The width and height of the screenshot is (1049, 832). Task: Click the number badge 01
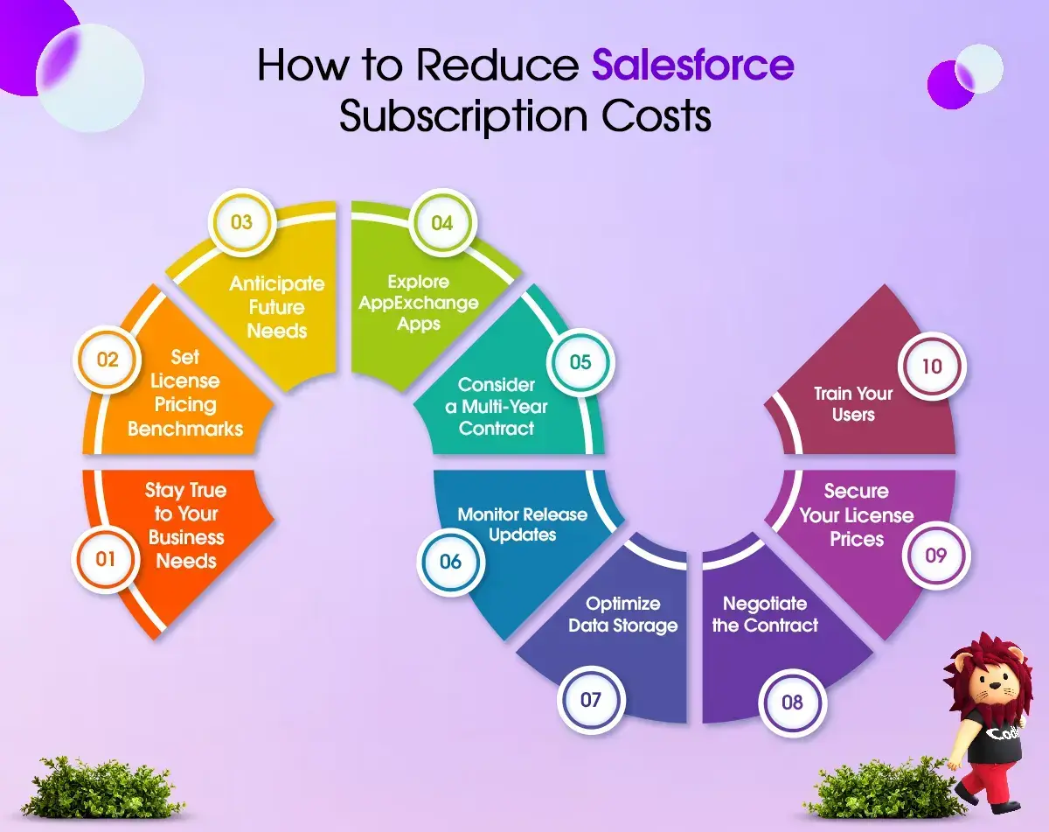pyautogui.click(x=105, y=559)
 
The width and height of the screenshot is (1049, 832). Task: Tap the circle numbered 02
pyautogui.click(x=108, y=360)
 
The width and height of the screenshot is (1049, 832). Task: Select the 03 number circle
pyautogui.click(x=242, y=222)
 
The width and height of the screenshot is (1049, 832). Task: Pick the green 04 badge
pyautogui.click(x=442, y=223)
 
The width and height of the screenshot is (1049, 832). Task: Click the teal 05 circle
pyautogui.click(x=580, y=362)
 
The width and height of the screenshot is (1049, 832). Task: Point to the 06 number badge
pyautogui.click(x=450, y=562)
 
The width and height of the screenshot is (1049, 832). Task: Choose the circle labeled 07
pyautogui.click(x=591, y=700)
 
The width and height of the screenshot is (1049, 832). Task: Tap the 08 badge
pyautogui.click(x=792, y=703)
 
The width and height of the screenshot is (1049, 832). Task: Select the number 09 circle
pyautogui.click(x=936, y=556)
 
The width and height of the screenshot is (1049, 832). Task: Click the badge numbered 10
pyautogui.click(x=932, y=367)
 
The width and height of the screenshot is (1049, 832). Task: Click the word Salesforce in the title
pyautogui.click(x=693, y=65)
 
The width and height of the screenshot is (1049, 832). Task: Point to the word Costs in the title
pyautogui.click(x=656, y=116)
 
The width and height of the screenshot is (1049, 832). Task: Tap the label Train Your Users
pyautogui.click(x=853, y=404)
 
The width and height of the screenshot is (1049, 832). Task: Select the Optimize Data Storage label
pyautogui.click(x=623, y=614)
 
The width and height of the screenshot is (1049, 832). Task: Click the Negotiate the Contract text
pyautogui.click(x=765, y=614)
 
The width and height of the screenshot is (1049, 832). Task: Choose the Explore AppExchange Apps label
pyautogui.click(x=419, y=303)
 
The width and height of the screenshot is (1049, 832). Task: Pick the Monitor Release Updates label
pyautogui.click(x=523, y=525)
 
